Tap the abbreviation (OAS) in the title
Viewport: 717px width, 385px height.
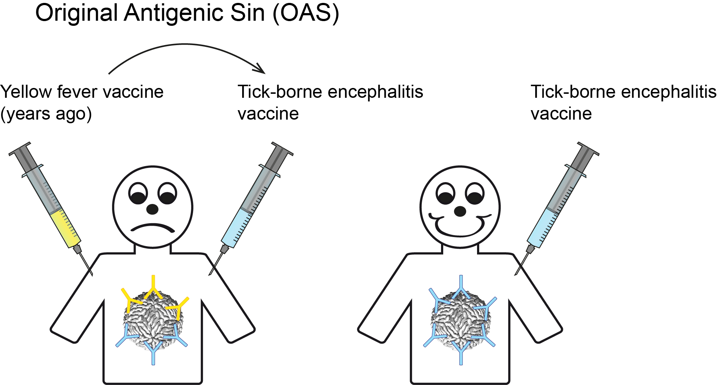[306, 13]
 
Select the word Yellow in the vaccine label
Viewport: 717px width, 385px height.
[26, 92]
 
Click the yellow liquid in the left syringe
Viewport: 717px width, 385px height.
[66, 229]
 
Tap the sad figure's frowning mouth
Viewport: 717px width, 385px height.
[153, 228]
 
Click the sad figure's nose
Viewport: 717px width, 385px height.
[152, 209]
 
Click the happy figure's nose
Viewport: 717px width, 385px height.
[460, 211]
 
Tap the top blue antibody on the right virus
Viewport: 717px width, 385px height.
[461, 288]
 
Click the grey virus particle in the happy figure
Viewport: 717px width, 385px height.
[461, 320]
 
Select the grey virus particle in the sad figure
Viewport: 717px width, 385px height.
[153, 320]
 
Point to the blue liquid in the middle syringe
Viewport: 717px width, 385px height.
[237, 228]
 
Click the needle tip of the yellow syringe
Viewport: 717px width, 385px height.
[92, 275]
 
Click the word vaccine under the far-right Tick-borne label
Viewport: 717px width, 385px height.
[561, 114]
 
